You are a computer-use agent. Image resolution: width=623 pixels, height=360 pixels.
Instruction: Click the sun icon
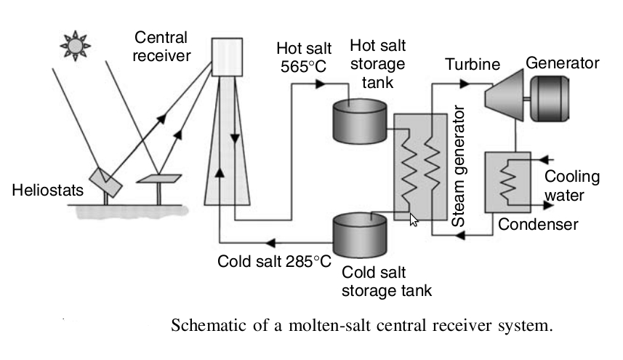[x=75, y=45]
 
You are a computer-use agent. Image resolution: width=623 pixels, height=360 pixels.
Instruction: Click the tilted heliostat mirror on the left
[x=107, y=180]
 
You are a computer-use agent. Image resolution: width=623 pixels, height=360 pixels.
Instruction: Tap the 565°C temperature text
[x=302, y=68]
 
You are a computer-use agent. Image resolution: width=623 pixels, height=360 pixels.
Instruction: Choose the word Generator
[x=563, y=63]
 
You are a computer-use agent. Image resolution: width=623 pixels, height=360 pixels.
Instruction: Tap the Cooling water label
[x=572, y=185]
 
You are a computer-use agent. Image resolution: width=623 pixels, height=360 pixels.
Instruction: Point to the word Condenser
[x=538, y=224]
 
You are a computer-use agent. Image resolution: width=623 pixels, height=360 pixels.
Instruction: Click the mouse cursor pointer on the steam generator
[x=414, y=219]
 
